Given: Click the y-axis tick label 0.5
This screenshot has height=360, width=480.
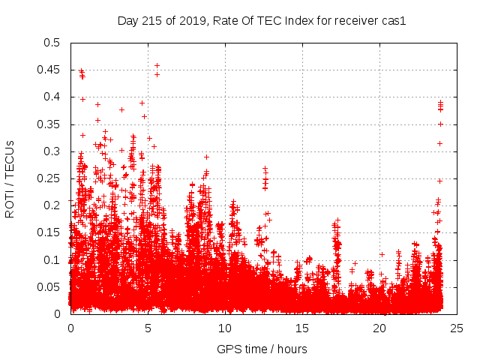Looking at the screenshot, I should pos(51,43).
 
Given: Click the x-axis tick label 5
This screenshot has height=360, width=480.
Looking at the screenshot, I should pos(148,328).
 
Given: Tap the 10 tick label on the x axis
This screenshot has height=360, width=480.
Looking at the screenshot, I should pos(225,328).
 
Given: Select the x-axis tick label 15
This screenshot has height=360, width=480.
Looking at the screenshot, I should pos(302,328).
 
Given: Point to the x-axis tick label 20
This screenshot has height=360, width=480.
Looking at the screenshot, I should pos(380,328).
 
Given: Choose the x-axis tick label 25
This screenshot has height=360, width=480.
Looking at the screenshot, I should pos(457,328).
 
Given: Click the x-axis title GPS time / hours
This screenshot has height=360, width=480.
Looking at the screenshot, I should pos(262,349).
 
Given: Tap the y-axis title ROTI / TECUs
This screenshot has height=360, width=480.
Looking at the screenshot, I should pos(10,178).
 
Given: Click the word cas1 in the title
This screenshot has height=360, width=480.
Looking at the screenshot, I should pos(393,21).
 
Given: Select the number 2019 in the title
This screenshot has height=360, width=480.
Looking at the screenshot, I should pos(193,21).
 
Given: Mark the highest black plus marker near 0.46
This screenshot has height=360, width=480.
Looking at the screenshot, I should pos(157,65).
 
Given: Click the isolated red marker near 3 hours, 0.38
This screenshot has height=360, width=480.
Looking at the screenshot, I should pos(121,109).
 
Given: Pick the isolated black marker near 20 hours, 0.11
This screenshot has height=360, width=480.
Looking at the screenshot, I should pos(382,254).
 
